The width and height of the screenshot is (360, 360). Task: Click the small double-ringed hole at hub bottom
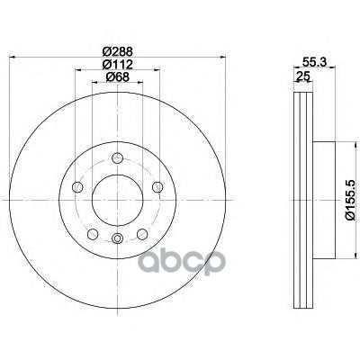118,238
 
